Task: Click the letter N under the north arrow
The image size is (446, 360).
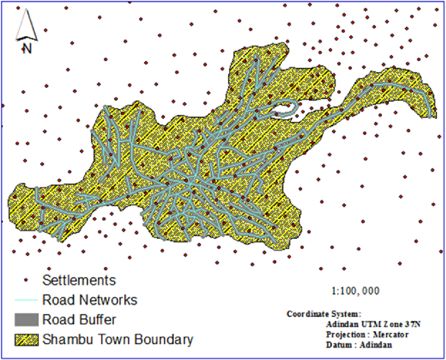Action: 27,49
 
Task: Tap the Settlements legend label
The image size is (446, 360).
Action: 79,280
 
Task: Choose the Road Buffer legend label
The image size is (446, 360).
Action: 79,320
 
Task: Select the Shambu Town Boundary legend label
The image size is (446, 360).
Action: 118,340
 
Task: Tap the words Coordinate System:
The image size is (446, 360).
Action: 324,314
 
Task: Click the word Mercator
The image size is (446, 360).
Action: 390,334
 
